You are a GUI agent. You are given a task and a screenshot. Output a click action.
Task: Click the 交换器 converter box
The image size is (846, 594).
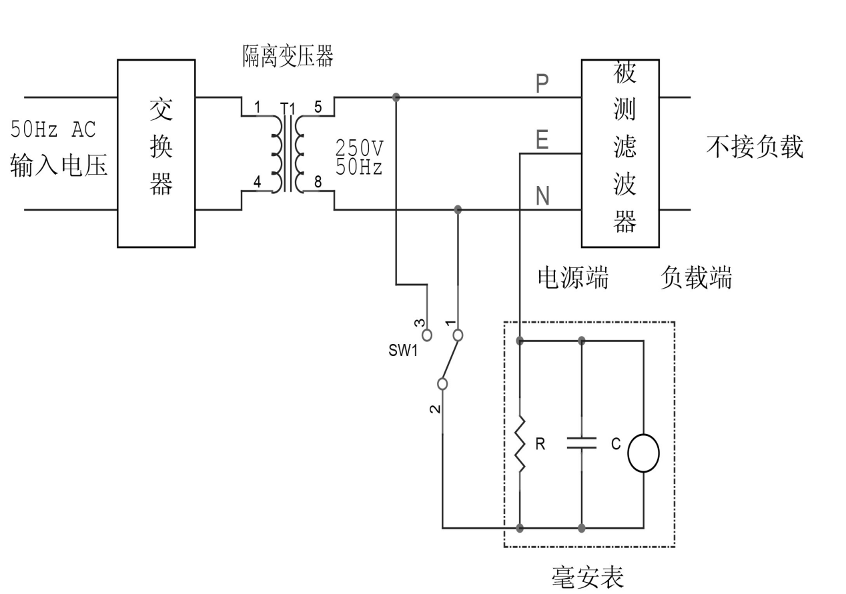tap(156, 153)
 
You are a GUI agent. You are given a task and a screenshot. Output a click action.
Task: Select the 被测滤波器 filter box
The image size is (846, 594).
tap(620, 153)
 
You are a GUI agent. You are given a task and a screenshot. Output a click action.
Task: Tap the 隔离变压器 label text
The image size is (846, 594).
tap(287, 57)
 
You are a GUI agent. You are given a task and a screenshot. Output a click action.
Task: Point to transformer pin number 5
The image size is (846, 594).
tap(318, 105)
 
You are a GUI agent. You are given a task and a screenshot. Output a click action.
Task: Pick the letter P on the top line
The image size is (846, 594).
tap(542, 84)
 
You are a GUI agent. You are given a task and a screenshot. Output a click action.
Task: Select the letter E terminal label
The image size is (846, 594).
tap(542, 140)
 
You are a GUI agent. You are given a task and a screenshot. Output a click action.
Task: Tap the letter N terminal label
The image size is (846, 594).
tap(542, 197)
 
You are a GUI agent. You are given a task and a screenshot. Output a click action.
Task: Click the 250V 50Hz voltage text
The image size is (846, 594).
tap(360, 157)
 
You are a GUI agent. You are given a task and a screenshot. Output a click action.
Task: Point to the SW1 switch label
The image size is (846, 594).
tap(403, 350)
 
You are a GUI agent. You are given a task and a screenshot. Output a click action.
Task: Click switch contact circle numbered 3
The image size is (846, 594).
tap(427, 335)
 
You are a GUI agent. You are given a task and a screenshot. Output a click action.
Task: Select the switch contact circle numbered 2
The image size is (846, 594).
tap(442, 383)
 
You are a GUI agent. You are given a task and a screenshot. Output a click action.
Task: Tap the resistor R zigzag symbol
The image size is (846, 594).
tap(520, 445)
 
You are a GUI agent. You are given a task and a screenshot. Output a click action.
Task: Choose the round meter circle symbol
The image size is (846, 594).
tap(643, 453)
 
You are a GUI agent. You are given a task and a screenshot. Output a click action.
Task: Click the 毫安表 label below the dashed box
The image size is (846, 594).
tap(588, 577)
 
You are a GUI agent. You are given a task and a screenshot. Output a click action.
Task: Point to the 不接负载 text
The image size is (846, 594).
tap(755, 147)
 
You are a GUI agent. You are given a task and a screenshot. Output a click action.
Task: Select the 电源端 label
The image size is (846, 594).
tap(573, 277)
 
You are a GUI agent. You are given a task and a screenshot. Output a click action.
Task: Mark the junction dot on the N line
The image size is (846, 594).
tap(458, 209)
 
